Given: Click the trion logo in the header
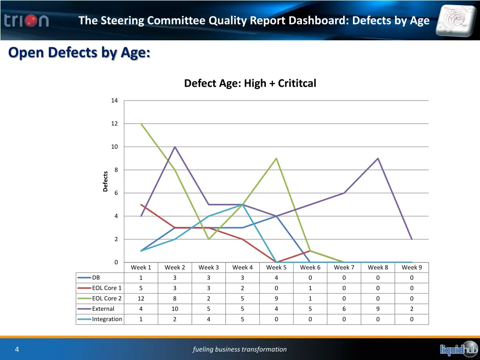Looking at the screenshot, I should tap(27, 21).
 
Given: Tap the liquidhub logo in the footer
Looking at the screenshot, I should tap(458, 349).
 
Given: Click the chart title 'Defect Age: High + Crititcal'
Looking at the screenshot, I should tap(250, 83).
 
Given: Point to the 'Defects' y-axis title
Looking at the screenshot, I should tap(105, 181).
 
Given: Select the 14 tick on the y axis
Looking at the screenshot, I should tap(114, 100).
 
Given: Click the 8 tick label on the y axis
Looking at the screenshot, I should tap(116, 170).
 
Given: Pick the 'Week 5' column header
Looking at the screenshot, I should tap(276, 267).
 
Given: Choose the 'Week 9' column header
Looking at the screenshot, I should tap(412, 267).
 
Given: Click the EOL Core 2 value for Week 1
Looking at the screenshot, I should tap(141, 299).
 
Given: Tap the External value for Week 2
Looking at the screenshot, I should tap(174, 309).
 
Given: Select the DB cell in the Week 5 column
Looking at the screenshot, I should tap(276, 277).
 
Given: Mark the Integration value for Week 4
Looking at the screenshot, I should tap(242, 319).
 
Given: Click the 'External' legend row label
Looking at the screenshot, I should tap(103, 309).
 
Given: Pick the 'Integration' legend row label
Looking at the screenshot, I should tap(107, 319).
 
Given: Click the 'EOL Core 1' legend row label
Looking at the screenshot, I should tap(106, 288).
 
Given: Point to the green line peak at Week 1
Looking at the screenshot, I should tap(141, 124).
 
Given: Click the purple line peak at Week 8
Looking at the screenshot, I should tap(378, 158).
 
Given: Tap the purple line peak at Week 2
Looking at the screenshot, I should tap(175, 147).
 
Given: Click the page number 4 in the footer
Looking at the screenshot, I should tap(16, 349).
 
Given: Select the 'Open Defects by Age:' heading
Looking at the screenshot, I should tap(79, 52).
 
